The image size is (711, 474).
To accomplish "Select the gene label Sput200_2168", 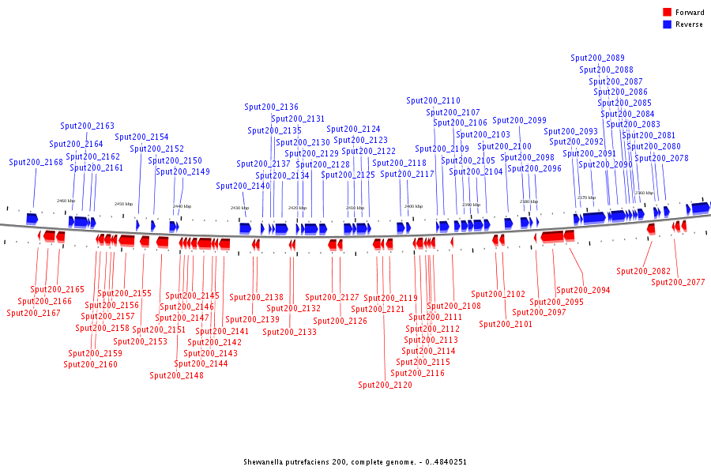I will (36, 162).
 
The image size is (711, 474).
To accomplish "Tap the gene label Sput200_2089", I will (597, 58).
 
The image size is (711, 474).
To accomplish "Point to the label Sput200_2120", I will (385, 385).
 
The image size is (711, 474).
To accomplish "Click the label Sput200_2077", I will (678, 282).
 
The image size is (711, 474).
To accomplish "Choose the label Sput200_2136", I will (271, 107).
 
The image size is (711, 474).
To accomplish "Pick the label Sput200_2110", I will (433, 100).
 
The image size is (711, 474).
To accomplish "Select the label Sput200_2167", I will (34, 313).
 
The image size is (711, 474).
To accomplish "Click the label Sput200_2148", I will (177, 375).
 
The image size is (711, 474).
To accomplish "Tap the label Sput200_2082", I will (643, 271).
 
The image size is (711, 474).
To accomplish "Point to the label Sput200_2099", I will (519, 120).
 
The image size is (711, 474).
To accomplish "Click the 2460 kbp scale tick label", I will (66, 201).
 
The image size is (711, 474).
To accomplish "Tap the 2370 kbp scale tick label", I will (586, 197).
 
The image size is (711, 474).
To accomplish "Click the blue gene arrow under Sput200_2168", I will (32, 217).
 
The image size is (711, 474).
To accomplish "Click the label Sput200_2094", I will (583, 290).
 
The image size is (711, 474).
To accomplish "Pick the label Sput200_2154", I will (141, 137).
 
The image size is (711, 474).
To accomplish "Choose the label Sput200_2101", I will (506, 323).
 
